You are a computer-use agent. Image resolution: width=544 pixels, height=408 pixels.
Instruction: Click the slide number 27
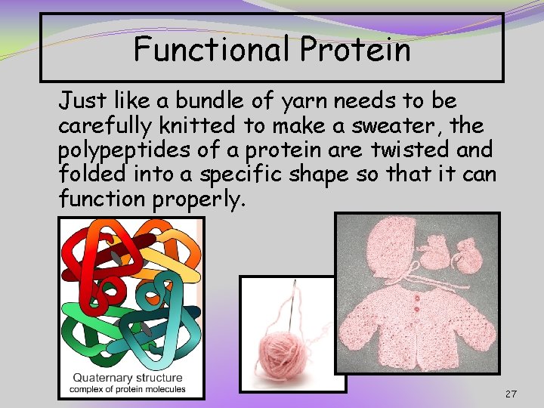pyautogui.click(x=512, y=394)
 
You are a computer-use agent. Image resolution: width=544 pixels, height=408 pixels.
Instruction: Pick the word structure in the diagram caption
pyautogui.click(x=157, y=378)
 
